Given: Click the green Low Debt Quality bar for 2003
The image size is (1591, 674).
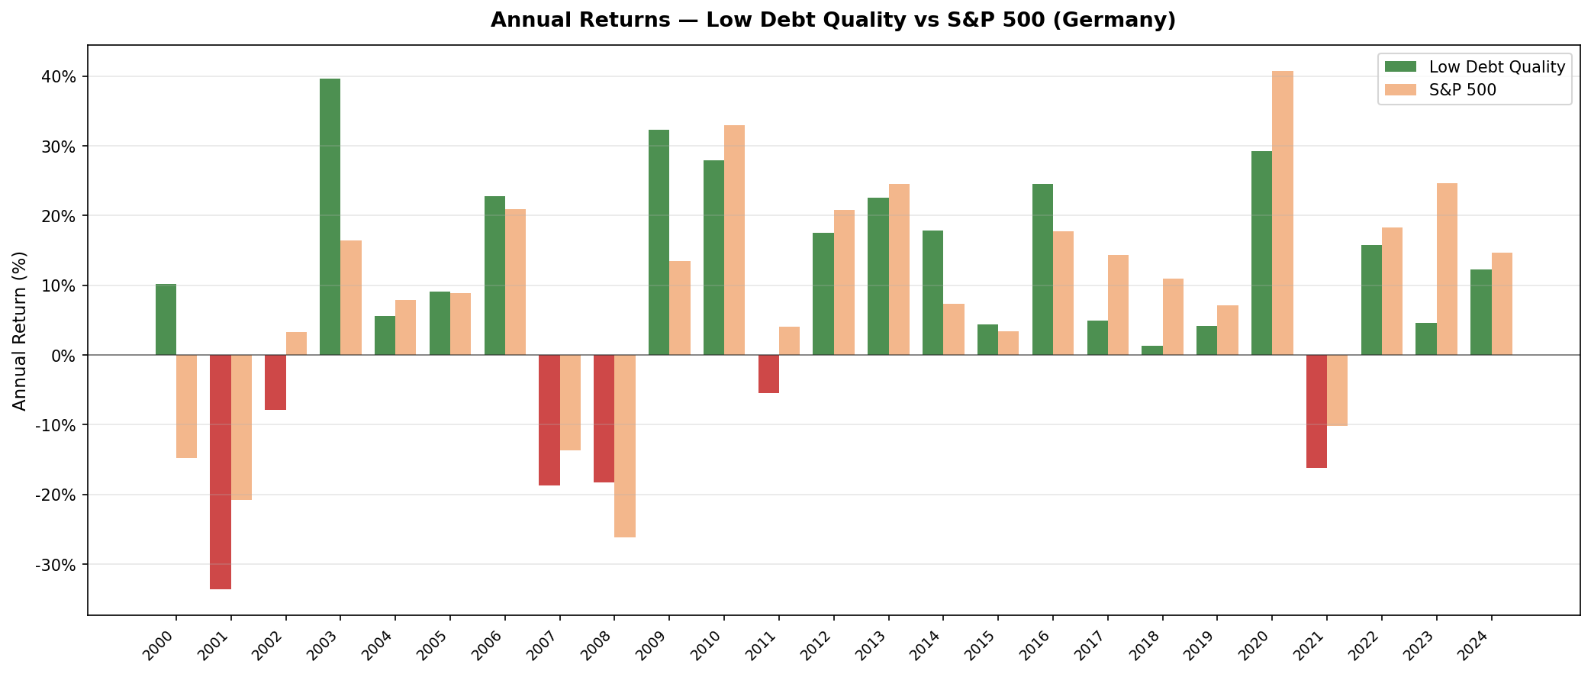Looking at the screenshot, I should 330,217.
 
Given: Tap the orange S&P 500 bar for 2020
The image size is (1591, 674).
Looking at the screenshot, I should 1283,213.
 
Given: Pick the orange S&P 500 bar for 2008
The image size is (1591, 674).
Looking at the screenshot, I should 625,446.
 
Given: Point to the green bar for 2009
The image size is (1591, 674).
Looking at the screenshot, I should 659,242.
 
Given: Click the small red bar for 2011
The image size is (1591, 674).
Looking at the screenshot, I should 768,374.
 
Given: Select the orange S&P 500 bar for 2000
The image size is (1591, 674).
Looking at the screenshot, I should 186,406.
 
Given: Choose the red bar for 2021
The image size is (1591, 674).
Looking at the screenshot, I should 1316,411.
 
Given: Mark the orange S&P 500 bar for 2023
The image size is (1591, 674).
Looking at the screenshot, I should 1447,269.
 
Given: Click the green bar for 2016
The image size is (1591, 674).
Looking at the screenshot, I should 1042,269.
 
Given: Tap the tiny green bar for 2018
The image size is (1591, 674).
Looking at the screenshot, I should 1151,350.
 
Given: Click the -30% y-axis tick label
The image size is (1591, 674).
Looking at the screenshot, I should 56,565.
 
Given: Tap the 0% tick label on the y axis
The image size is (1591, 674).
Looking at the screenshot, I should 63,356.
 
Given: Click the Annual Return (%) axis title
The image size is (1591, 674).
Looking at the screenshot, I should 20,331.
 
